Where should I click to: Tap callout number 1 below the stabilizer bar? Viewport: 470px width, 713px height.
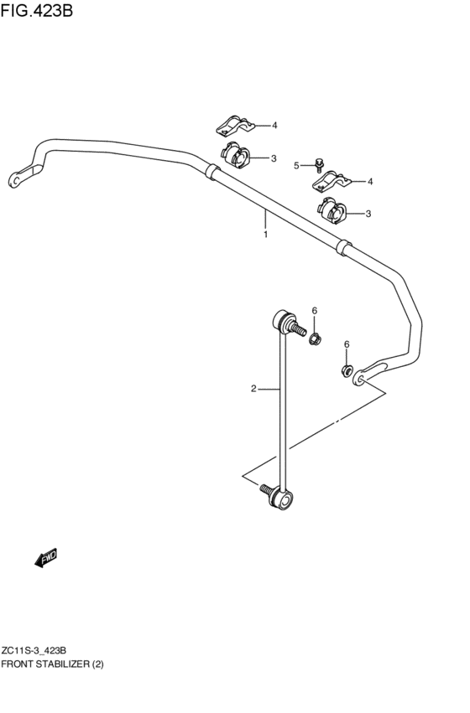tap(265, 235)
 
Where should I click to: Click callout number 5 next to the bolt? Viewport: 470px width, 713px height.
tap(296, 165)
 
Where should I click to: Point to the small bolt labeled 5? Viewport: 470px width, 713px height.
tap(319, 164)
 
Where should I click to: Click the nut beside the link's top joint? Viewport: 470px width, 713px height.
tap(314, 339)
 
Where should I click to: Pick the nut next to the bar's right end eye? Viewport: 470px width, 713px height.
tap(346, 369)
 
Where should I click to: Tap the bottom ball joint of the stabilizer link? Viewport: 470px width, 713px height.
tap(282, 500)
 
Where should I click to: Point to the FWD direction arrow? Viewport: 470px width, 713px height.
tap(46, 558)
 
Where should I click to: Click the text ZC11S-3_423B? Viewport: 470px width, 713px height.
tap(34, 650)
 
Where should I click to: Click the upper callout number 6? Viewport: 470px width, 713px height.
tap(315, 311)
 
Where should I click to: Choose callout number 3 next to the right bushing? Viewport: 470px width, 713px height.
tap(368, 214)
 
